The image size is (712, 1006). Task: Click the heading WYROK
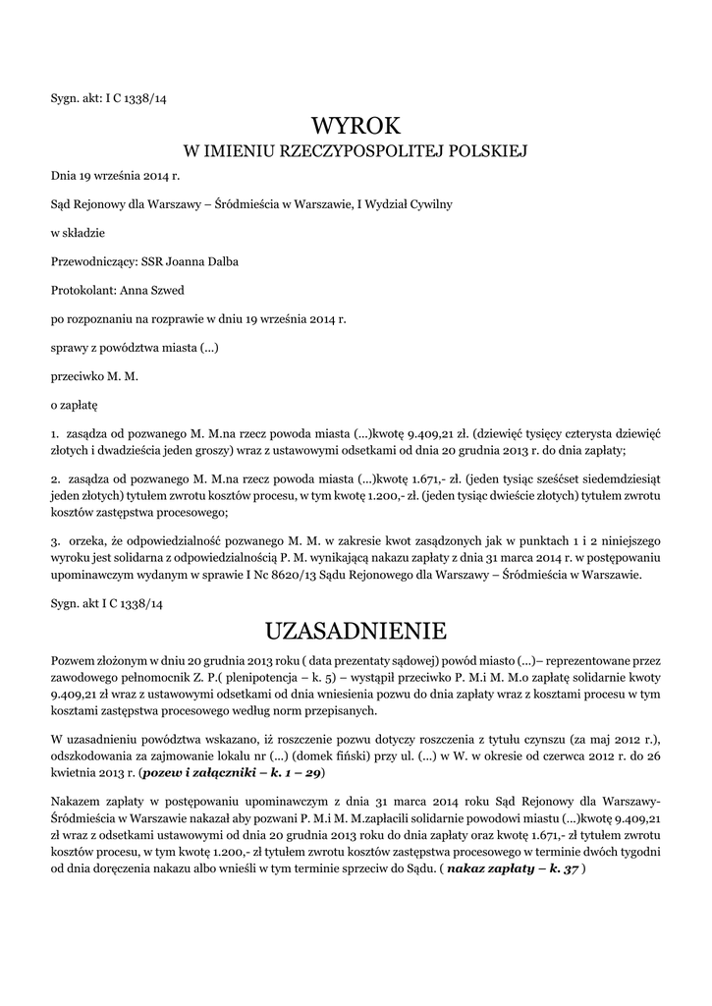(x=356, y=126)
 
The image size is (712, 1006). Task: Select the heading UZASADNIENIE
(x=356, y=628)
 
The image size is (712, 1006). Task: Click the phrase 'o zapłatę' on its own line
(x=75, y=404)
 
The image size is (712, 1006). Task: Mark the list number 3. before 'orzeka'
(x=55, y=540)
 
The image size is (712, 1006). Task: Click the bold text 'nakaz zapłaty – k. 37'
(x=512, y=870)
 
